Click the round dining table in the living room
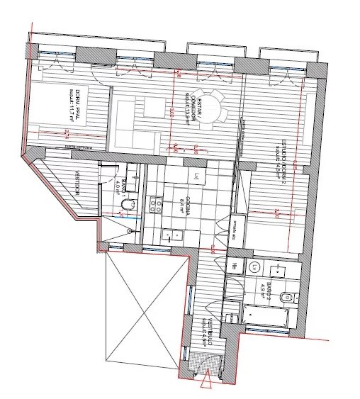pos(210,106)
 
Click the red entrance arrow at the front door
pos(206,383)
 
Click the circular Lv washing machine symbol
pos(253,266)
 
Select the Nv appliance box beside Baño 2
pos(235,266)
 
